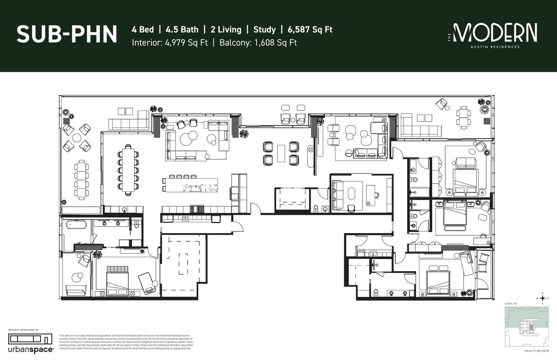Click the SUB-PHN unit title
pyautogui.click(x=67, y=34)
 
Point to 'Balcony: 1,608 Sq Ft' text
pyautogui.click(x=258, y=43)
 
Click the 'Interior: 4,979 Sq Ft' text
pyautogui.click(x=170, y=43)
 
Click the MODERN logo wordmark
pyautogui.click(x=495, y=33)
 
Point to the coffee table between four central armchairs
pyautogui.click(x=281, y=153)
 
